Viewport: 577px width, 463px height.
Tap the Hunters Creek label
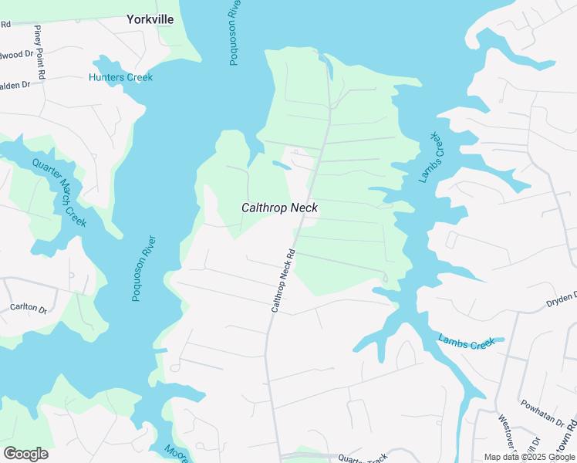click(x=120, y=77)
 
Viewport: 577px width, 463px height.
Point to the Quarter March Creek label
click(x=59, y=192)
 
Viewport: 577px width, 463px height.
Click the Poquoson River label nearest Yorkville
click(x=235, y=32)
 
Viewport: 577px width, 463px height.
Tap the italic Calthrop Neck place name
click(x=279, y=208)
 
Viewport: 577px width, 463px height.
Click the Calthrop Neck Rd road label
click(x=283, y=279)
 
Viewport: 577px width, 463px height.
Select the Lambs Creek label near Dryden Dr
click(x=466, y=340)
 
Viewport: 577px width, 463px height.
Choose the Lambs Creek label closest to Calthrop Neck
click(x=432, y=157)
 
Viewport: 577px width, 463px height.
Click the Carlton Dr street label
click(x=29, y=307)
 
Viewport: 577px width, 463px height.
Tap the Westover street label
click(x=505, y=434)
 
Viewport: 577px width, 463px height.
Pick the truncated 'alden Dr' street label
click(x=15, y=85)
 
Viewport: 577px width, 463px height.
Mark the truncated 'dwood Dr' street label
click(x=17, y=54)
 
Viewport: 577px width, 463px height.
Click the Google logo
click(x=25, y=453)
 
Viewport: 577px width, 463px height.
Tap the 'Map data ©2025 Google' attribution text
click(x=528, y=457)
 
